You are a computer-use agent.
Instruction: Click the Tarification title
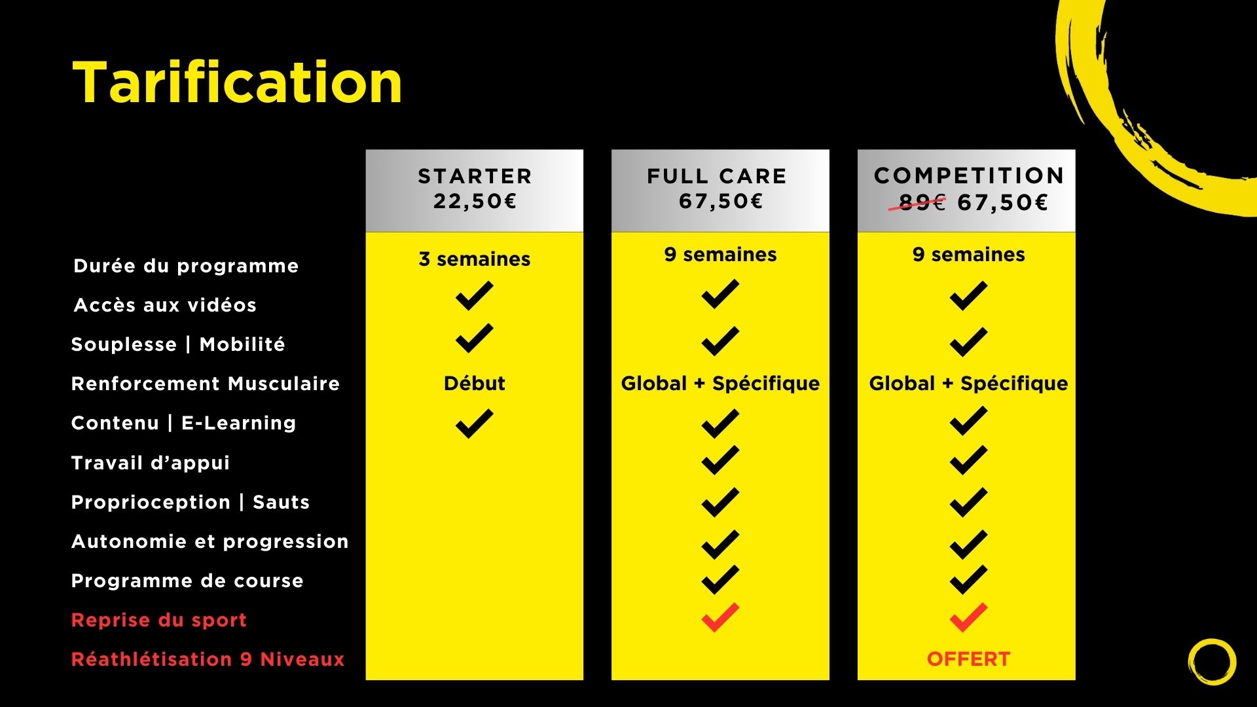pyautogui.click(x=237, y=82)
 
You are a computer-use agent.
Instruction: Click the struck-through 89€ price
pyautogui.click(x=920, y=202)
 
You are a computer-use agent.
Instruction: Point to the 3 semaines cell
pyautogui.click(x=475, y=259)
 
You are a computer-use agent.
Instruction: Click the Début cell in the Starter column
pyautogui.click(x=475, y=383)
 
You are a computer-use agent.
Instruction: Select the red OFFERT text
pyautogui.click(x=968, y=659)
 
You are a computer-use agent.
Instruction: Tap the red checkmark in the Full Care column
pyautogui.click(x=720, y=617)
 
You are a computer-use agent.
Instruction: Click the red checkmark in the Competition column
pyautogui.click(x=968, y=617)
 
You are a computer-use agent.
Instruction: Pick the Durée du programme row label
pyautogui.click(x=186, y=266)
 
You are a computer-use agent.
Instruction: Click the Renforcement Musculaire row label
pyautogui.click(x=206, y=384)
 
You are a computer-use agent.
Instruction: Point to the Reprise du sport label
pyautogui.click(x=159, y=620)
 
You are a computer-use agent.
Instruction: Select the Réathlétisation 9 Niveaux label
pyautogui.click(x=208, y=659)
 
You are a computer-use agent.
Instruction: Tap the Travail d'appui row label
pyautogui.click(x=151, y=463)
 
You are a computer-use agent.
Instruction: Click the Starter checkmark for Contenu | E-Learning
pyautogui.click(x=475, y=423)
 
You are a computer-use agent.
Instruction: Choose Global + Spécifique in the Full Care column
pyautogui.click(x=720, y=383)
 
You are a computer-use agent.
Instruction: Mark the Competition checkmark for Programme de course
pyautogui.click(x=968, y=579)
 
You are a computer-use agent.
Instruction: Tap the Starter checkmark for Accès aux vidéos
pyautogui.click(x=475, y=295)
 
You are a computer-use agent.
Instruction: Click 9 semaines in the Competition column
pyautogui.click(x=968, y=255)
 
